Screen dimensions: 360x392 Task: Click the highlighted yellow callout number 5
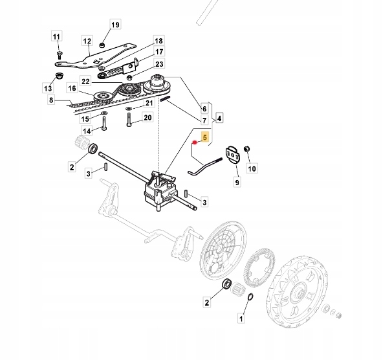(205, 138)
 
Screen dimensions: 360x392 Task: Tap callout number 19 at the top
(115, 25)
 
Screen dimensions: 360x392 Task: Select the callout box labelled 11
(56, 36)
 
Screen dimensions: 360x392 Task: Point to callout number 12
(87, 41)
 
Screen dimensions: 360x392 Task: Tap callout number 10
(252, 169)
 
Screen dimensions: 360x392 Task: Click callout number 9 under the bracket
(237, 183)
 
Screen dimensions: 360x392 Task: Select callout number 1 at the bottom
(242, 319)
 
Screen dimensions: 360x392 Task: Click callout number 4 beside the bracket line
(219, 118)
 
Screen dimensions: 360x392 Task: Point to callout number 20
(147, 117)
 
